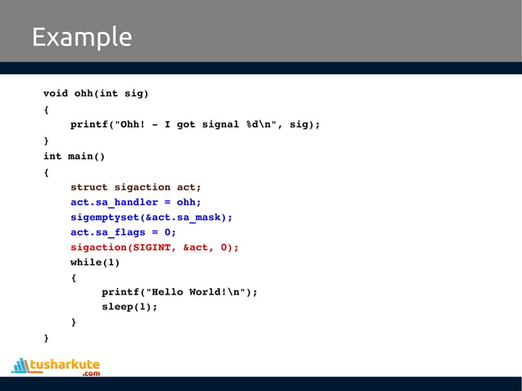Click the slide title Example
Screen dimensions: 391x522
(81, 38)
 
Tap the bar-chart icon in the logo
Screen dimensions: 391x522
(20, 365)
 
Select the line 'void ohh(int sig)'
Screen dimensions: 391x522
(96, 93)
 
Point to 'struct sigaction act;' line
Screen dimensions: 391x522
(135, 187)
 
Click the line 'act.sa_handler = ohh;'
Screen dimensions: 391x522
(135, 202)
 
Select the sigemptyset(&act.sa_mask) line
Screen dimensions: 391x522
(151, 217)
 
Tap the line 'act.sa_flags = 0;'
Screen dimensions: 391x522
(123, 232)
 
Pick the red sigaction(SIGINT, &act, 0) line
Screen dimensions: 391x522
(155, 247)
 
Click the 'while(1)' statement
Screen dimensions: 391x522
(95, 263)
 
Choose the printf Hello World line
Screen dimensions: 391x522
(179, 292)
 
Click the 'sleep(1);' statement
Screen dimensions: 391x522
(129, 307)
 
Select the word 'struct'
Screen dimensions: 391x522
(89, 187)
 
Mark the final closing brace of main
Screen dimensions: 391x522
(46, 337)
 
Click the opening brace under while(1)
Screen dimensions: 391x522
(74, 277)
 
